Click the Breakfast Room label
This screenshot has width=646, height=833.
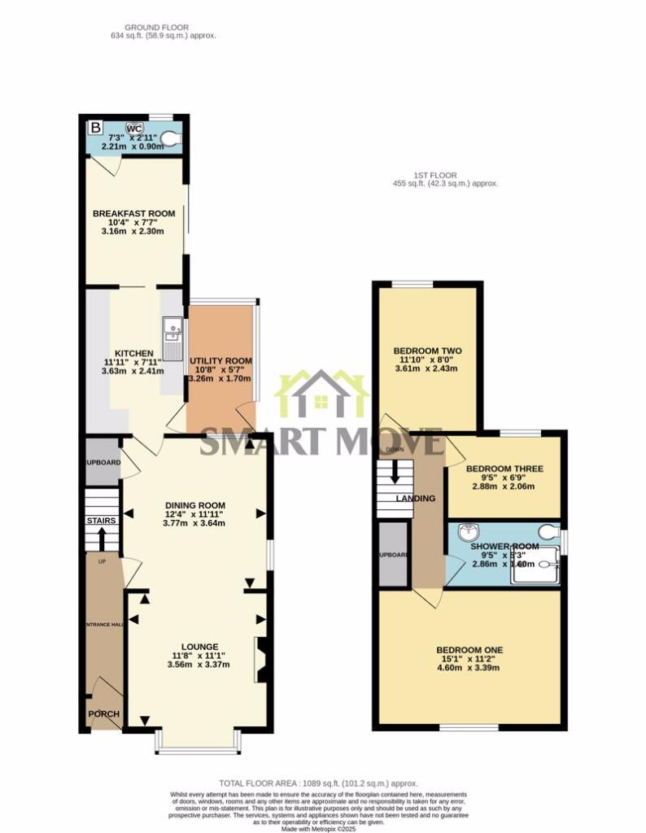(x=135, y=214)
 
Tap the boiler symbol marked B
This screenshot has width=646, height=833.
(x=96, y=128)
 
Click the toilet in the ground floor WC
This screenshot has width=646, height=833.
(x=170, y=138)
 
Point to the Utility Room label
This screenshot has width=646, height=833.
(x=220, y=360)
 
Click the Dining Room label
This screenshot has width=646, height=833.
(x=194, y=505)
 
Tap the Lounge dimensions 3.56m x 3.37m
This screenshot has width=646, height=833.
(x=199, y=665)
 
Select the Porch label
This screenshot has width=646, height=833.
(x=104, y=714)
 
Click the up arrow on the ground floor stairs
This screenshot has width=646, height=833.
(x=102, y=539)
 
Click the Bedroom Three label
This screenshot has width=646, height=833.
(x=504, y=469)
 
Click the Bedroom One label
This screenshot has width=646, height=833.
(x=469, y=649)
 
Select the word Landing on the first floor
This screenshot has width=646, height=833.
(x=416, y=498)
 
